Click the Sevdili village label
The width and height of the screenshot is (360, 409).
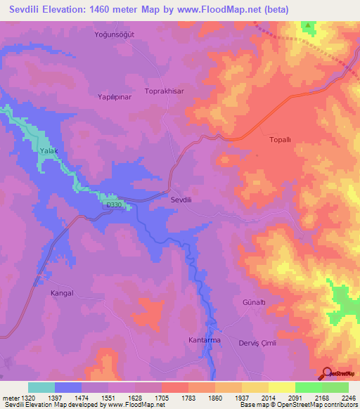tap(184, 200)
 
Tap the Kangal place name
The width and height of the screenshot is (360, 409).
tap(63, 293)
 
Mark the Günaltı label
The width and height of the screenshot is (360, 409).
tap(254, 301)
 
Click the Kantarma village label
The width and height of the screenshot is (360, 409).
tap(205, 340)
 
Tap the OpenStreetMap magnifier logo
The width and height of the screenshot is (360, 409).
tap(328, 373)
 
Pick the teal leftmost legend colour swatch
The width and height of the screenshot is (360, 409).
tap(41, 387)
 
